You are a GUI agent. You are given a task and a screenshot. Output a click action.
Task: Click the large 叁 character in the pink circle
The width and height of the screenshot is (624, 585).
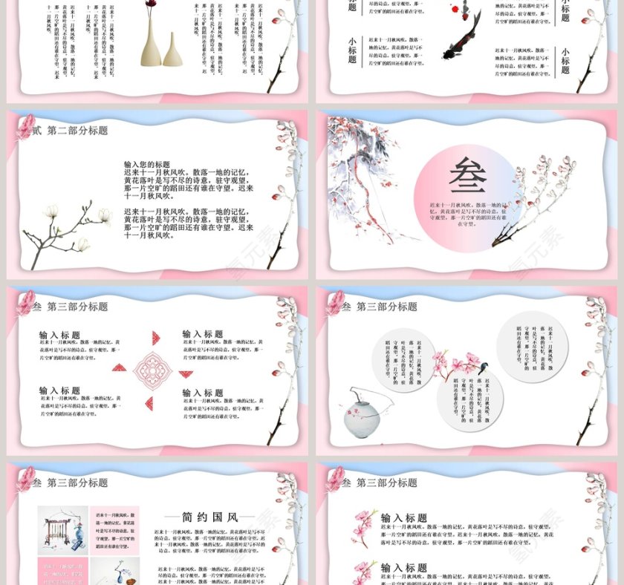[467, 176]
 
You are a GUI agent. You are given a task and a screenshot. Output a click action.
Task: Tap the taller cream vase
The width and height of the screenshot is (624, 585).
[151, 41]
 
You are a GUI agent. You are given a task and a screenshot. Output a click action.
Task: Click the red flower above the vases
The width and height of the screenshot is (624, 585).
[152, 4]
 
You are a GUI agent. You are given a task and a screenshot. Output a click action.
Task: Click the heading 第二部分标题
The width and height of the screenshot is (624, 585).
[77, 131]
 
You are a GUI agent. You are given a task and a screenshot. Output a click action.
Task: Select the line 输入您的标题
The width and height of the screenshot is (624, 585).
[147, 165]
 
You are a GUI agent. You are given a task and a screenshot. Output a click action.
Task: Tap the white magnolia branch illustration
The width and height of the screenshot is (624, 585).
[67, 230]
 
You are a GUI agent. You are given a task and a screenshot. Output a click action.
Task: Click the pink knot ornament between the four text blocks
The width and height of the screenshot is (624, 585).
[152, 369]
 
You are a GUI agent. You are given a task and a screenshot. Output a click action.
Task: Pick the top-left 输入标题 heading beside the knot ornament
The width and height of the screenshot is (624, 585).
[59, 336]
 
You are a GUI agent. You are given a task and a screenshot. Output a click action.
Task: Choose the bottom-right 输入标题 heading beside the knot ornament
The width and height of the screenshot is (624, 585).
[203, 393]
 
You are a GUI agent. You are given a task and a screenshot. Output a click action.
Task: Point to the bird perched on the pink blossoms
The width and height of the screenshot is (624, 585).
[484, 365]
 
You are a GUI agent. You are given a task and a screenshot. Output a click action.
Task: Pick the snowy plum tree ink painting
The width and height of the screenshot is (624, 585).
[364, 178]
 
